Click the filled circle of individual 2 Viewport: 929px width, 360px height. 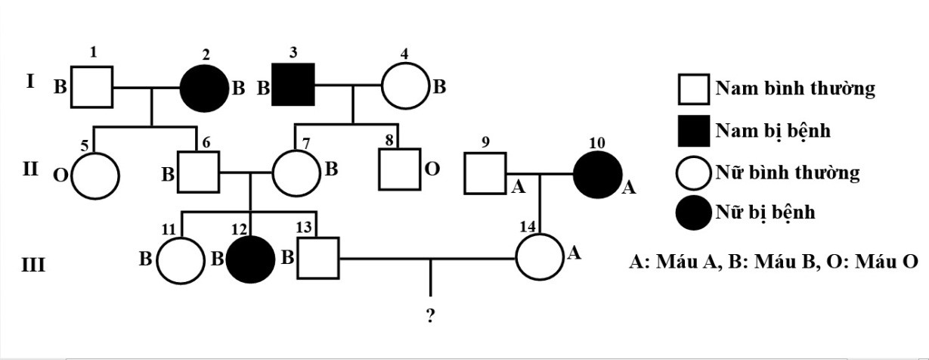coord(204,88)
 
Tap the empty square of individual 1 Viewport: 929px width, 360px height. coord(91,87)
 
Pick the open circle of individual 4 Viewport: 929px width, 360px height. coord(405,88)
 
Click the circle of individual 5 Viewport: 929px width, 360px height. coord(95,175)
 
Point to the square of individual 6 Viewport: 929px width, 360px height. coord(197,171)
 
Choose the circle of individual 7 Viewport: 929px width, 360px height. coord(296,172)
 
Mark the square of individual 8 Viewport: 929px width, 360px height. coord(399,171)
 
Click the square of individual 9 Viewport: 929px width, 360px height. coord(485,173)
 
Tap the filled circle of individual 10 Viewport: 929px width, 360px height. coord(596,175)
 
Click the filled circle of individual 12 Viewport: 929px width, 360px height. coord(252,259)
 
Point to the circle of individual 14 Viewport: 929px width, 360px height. coord(540,258)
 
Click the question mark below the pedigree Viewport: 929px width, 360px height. coord(430,315)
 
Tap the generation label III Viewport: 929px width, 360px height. coord(33,266)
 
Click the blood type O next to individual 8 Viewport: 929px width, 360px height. coord(432,169)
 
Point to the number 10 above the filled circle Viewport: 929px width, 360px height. coord(596,143)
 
